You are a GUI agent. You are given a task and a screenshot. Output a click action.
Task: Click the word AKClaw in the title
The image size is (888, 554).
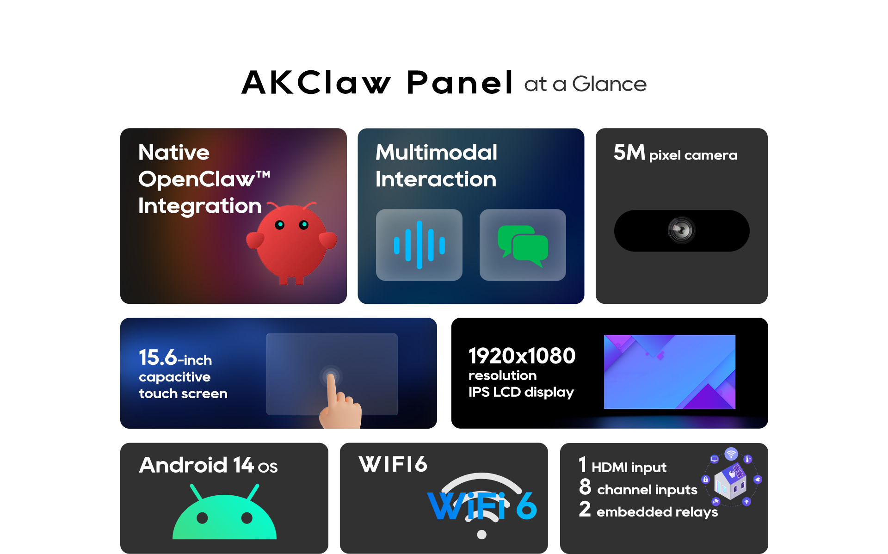click(316, 83)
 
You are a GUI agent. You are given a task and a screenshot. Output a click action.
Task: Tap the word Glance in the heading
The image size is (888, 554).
click(609, 84)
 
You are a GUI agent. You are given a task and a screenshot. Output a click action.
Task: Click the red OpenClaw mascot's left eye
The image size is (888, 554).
click(279, 225)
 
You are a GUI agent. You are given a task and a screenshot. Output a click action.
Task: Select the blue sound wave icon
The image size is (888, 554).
click(419, 245)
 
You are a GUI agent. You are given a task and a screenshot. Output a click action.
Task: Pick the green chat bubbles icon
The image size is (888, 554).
click(523, 246)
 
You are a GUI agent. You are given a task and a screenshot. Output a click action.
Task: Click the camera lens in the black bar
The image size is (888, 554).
click(681, 230)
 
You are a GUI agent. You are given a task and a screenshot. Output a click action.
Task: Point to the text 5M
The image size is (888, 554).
click(629, 152)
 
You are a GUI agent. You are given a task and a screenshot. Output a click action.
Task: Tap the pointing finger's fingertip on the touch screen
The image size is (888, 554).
click(331, 377)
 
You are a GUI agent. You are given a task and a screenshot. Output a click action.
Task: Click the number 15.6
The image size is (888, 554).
click(158, 357)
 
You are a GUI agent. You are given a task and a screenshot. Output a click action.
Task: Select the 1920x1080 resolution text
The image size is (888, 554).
click(522, 356)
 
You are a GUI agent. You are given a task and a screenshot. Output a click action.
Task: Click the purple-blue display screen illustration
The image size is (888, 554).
click(670, 372)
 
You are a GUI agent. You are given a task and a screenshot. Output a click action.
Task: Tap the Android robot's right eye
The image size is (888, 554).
click(247, 518)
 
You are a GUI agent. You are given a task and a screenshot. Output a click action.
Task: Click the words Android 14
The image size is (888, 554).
click(197, 465)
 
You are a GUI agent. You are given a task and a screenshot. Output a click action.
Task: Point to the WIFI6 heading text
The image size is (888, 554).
click(393, 464)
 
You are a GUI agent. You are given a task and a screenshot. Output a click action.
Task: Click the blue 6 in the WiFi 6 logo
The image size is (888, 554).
click(526, 505)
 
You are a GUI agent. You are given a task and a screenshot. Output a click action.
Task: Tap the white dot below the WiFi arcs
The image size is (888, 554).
click(481, 535)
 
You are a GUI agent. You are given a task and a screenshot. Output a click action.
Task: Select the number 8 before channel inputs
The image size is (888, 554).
click(585, 486)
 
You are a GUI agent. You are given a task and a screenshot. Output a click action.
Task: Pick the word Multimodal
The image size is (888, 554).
click(436, 152)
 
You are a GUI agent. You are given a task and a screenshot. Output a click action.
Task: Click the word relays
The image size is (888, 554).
click(697, 512)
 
